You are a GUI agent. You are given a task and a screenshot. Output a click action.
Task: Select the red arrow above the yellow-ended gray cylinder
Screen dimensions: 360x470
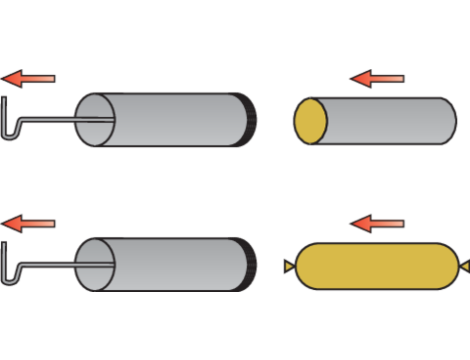pyautogui.click(x=378, y=77)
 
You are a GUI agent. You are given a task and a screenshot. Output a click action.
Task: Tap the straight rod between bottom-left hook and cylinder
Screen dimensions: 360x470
pyautogui.click(x=50, y=265)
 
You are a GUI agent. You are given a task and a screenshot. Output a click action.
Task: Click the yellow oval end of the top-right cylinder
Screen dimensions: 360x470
pyautogui.click(x=310, y=121)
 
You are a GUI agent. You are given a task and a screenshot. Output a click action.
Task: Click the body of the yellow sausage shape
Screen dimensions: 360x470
pyautogui.click(x=375, y=265)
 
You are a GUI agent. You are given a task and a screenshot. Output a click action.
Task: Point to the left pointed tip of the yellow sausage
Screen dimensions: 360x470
pyautogui.click(x=286, y=265)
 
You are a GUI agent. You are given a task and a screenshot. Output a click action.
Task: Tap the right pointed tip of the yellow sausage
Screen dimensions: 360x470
pyautogui.click(x=463, y=265)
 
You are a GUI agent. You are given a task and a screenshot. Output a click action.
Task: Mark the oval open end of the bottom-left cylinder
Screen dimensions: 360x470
pyautogui.click(x=97, y=265)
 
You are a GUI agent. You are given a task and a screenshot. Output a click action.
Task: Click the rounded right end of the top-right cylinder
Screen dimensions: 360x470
pyautogui.click(x=449, y=121)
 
